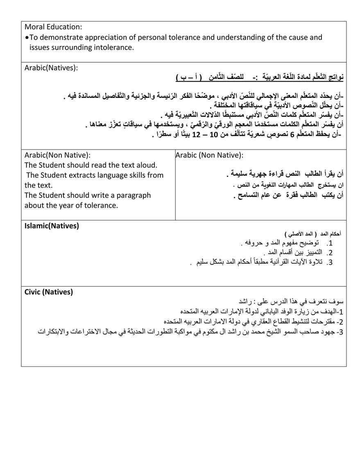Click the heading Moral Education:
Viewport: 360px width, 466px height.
click(x=53, y=27)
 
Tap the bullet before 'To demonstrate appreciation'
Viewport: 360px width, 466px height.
click(x=27, y=37)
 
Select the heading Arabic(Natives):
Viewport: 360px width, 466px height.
click(x=51, y=68)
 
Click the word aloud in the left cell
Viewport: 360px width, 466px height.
click(x=147, y=165)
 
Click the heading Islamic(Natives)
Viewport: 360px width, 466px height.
click(x=52, y=225)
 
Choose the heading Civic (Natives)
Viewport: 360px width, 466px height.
click(x=49, y=292)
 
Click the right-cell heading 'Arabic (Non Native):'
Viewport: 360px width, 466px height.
click(x=209, y=155)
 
